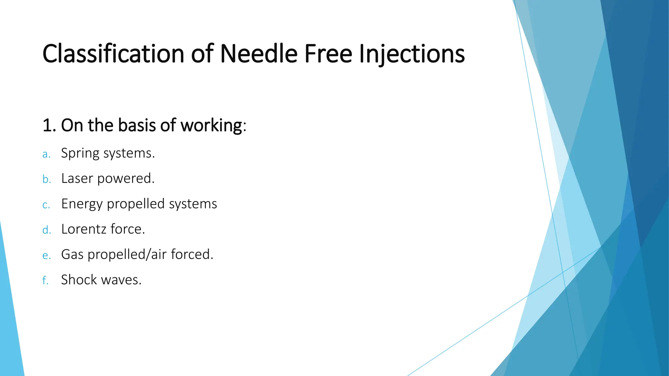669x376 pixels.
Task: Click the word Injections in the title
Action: coord(412,54)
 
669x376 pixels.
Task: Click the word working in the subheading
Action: coord(211,125)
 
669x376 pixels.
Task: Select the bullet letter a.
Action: coord(46,154)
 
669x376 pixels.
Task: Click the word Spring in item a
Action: coord(80,153)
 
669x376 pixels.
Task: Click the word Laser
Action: coord(77,179)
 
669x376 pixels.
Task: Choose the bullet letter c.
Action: coord(46,205)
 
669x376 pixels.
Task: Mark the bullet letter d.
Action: coord(47,230)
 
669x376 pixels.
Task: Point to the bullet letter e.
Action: coord(46,256)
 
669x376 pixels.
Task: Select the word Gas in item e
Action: coord(72,255)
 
